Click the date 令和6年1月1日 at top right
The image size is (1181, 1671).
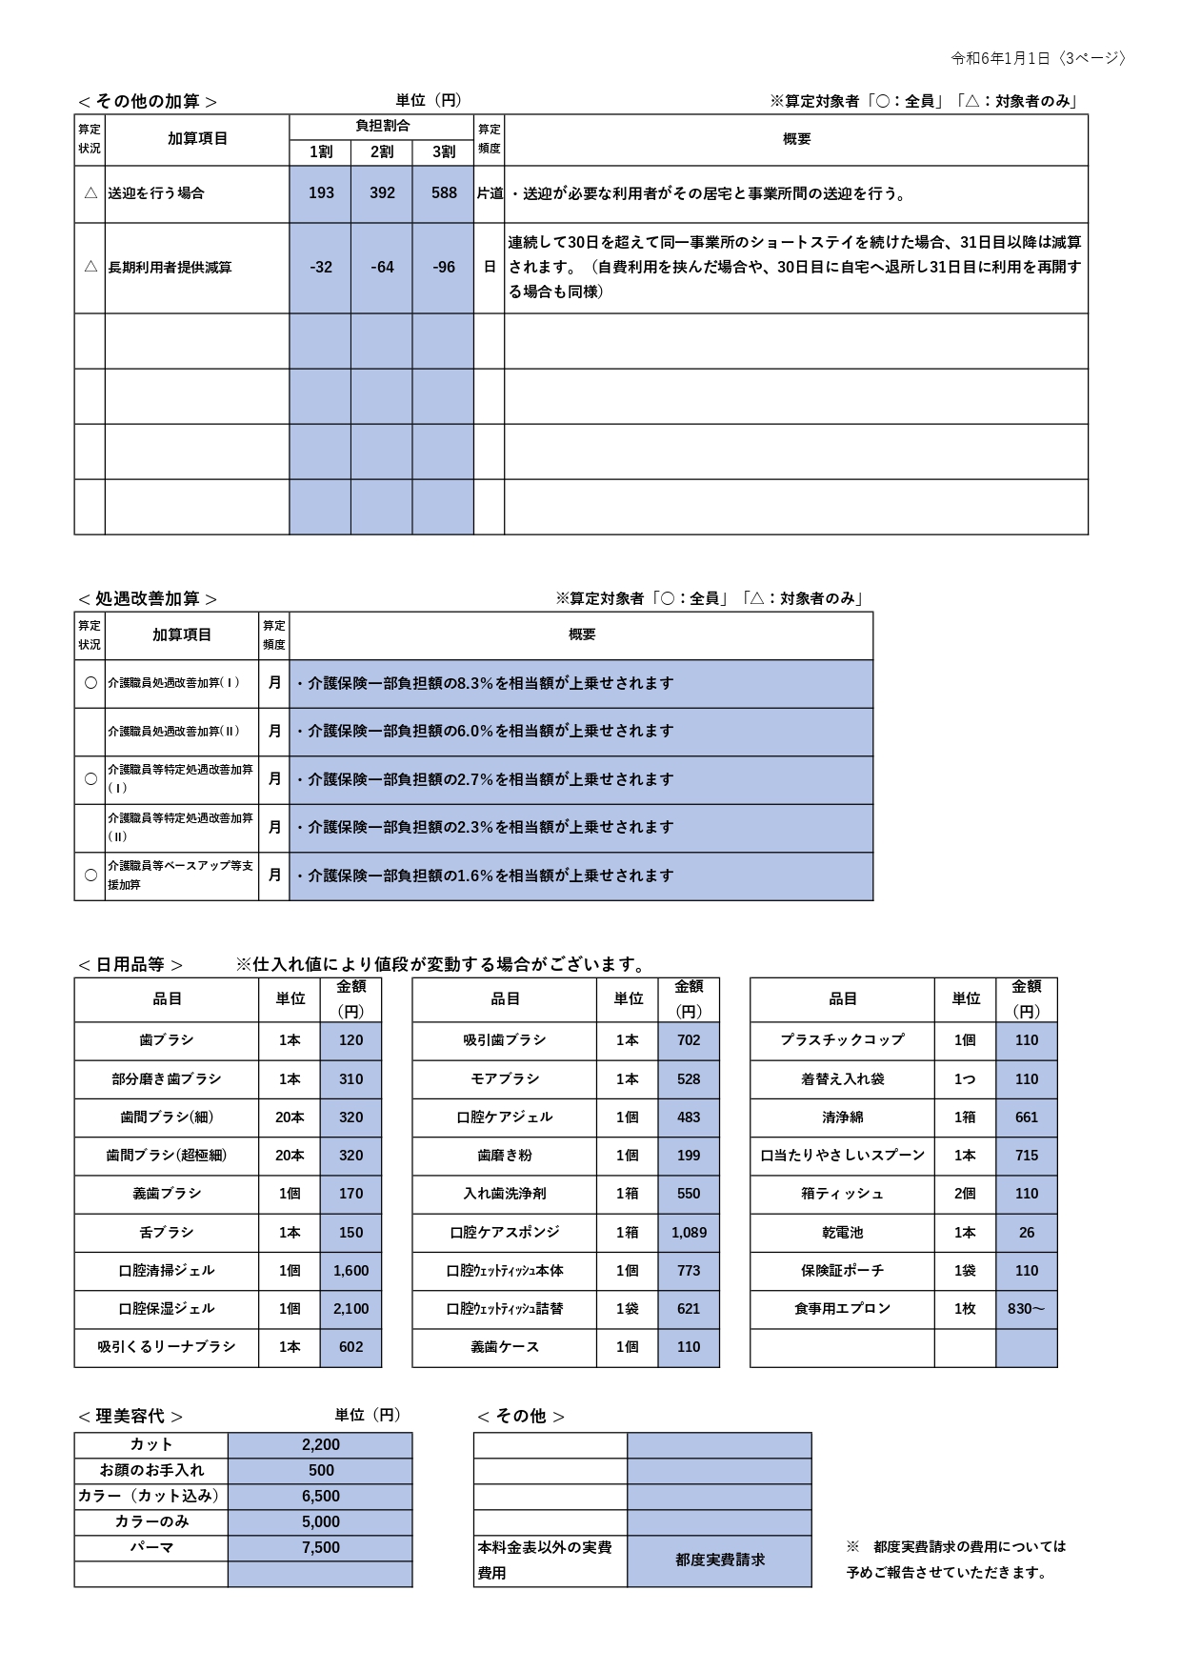coord(1000,58)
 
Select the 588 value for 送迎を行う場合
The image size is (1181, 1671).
coord(444,193)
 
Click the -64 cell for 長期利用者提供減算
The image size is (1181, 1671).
coord(382,268)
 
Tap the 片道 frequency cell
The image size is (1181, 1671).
coord(490,193)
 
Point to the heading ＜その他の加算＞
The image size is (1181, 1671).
coord(148,101)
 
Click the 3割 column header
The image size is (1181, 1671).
coord(444,151)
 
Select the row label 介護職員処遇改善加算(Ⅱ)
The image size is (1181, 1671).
coord(173,732)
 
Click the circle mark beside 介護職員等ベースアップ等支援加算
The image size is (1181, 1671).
coord(90,876)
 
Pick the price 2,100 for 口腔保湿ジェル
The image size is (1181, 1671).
coord(350,1309)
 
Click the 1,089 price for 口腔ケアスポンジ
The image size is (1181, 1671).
coord(689,1233)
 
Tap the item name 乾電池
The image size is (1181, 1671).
coord(843,1233)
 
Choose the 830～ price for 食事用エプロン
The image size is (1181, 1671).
coord(1026,1309)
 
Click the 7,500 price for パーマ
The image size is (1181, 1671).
coord(321,1548)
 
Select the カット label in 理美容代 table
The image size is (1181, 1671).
coord(151,1445)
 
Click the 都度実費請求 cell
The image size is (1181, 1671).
coord(720,1560)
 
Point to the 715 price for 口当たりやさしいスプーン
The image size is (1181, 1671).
coord(1026,1156)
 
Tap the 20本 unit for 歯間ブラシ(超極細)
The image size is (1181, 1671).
coord(290,1156)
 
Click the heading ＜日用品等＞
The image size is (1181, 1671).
coord(130,964)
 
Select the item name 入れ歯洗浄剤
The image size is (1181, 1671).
coord(505,1194)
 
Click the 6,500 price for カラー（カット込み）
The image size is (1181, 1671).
coord(321,1497)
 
